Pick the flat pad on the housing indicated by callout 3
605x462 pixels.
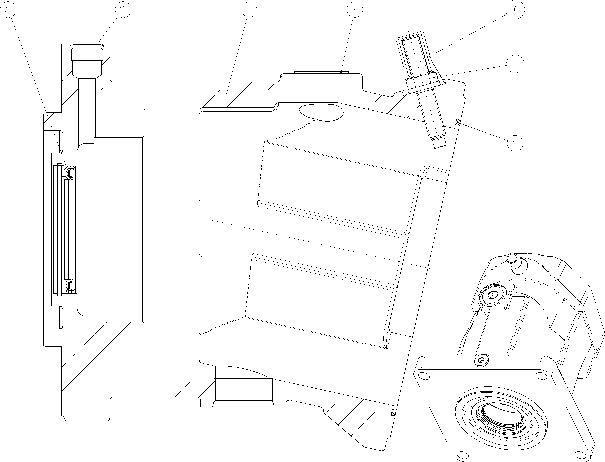(x=321, y=72)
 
